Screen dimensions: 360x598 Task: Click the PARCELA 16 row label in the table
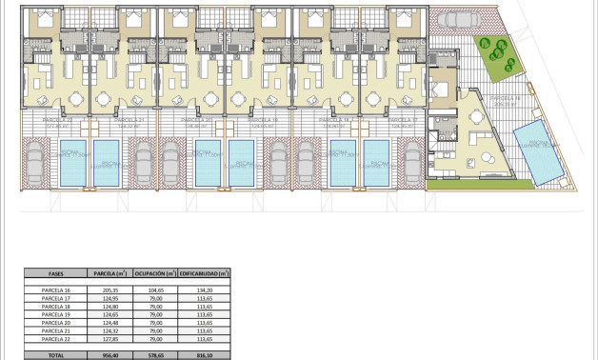[x=56, y=289]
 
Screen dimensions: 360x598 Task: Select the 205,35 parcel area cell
[x=105, y=289]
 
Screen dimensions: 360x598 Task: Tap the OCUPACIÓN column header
[x=151, y=273]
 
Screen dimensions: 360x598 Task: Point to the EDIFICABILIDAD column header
[x=203, y=273]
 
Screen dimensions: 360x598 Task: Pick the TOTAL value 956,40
[x=105, y=353]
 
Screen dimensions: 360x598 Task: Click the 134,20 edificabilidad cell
[x=203, y=289]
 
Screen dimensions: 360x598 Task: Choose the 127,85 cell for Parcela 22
[x=105, y=338]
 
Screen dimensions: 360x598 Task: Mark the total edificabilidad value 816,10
[x=203, y=353]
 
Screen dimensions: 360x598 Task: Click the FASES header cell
[x=56, y=273]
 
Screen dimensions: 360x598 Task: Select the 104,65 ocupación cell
[x=151, y=289]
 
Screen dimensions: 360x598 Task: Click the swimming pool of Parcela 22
[x=73, y=163]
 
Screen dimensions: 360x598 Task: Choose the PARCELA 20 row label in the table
[x=56, y=322]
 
